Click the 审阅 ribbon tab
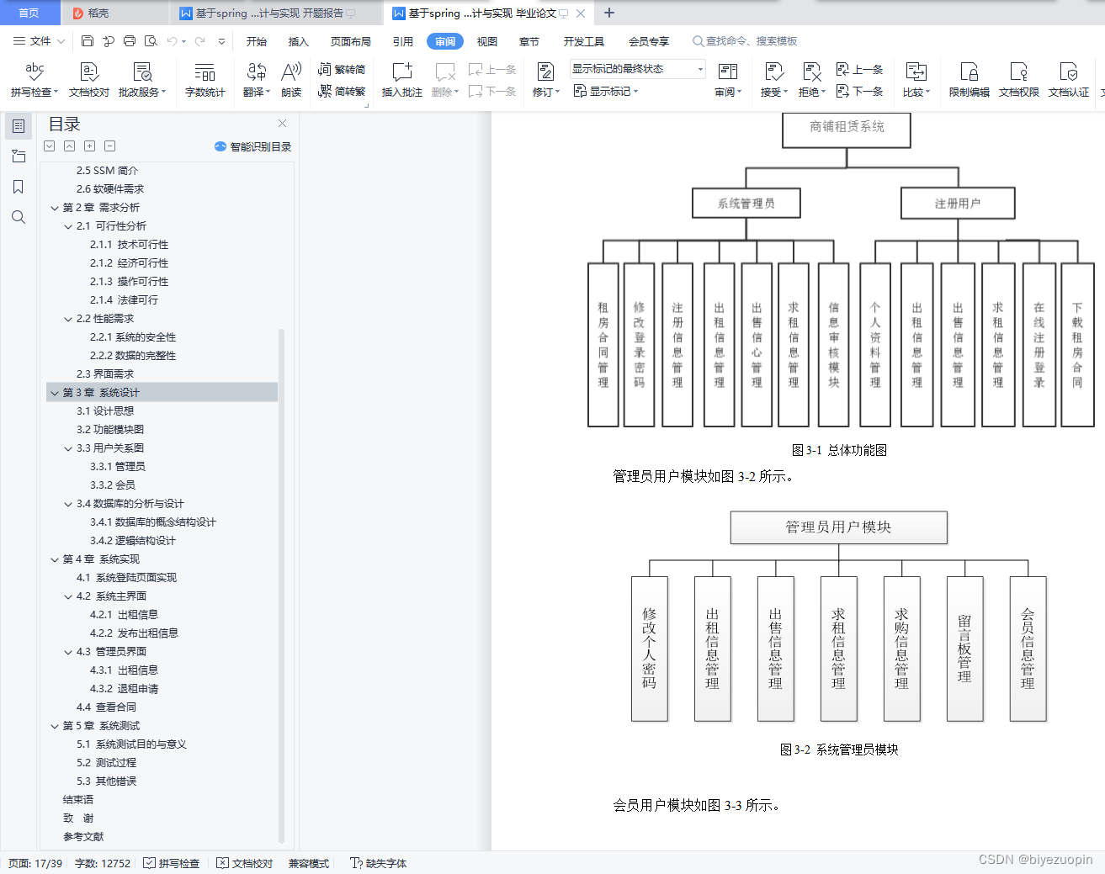[445, 41]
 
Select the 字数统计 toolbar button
[205, 80]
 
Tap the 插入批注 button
[401, 80]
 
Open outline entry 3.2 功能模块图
[110, 429]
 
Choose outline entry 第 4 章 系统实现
[101, 559]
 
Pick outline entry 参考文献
[83, 836]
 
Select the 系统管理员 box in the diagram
[746, 203]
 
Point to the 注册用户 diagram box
[958, 203]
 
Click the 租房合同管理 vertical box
[603, 345]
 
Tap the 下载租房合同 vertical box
[1077, 345]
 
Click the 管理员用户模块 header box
[838, 527]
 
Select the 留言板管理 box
[964, 649]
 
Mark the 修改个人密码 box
[649, 649]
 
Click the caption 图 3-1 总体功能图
[839, 450]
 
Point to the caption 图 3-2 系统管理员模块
[839, 750]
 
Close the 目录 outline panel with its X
[283, 124]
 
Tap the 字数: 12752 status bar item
[103, 863]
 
